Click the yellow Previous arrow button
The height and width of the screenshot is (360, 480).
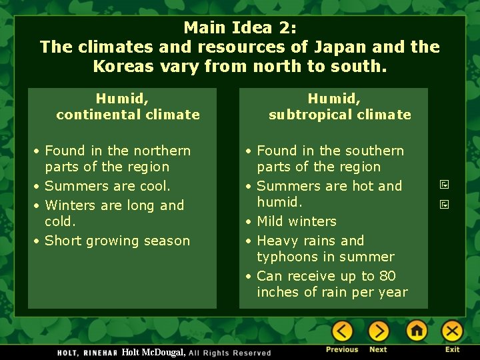coord(342,331)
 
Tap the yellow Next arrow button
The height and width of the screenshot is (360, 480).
coord(378,331)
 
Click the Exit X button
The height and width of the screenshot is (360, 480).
coord(452,331)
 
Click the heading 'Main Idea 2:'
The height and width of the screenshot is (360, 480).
coord(239,27)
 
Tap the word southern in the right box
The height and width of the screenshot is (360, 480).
coord(372,151)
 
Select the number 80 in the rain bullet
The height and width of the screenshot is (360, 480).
coord(387,276)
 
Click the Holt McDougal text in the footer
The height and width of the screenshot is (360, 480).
coord(153,352)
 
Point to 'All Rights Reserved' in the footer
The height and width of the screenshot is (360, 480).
coord(230,353)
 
